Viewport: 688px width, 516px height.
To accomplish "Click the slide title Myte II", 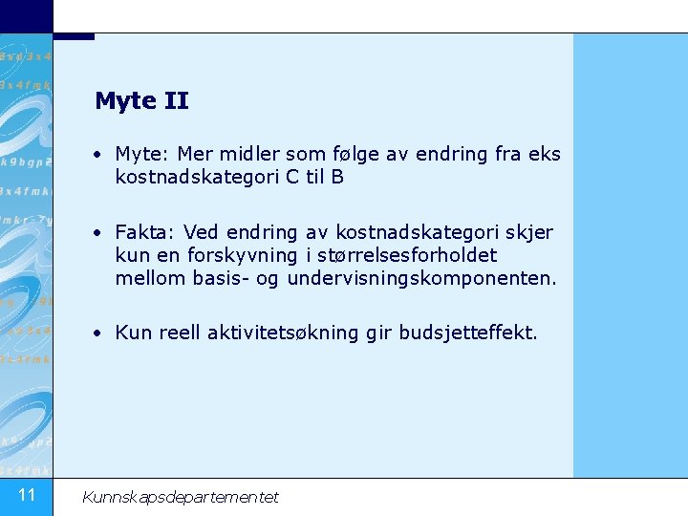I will (141, 100).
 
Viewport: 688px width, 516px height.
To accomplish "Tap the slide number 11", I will (27, 494).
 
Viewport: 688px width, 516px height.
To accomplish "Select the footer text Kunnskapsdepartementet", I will (181, 497).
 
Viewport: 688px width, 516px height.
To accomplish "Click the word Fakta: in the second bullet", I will (146, 232).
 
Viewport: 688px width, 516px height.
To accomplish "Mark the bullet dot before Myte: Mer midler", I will (98, 154).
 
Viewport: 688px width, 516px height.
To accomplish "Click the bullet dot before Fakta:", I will (98, 232).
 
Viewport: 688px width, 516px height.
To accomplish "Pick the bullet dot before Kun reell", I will (98, 333).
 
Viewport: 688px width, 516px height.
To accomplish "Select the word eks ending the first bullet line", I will (544, 154).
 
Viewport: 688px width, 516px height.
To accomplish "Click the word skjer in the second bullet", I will (531, 232).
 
